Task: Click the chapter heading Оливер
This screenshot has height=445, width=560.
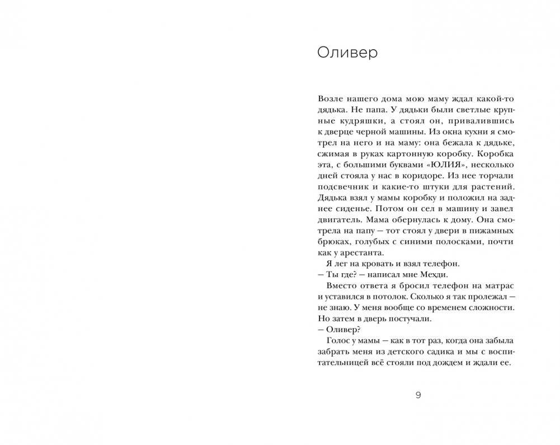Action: (x=347, y=53)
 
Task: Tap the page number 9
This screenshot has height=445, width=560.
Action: (x=418, y=395)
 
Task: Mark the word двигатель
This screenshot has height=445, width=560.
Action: (x=341, y=219)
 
